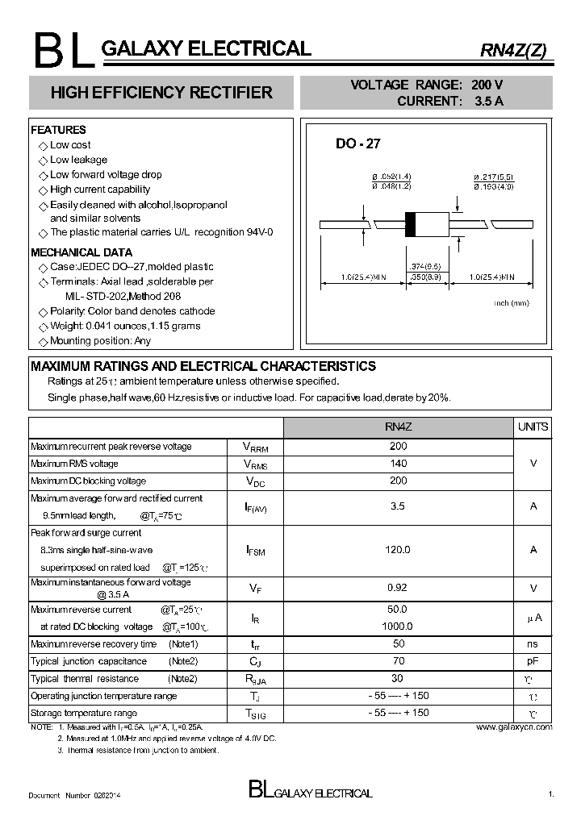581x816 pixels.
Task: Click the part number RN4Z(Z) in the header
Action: click(x=513, y=50)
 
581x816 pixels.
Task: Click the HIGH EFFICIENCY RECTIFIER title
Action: click(x=161, y=93)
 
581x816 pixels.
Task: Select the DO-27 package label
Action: click(x=357, y=144)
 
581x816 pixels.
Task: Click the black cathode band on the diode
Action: click(x=409, y=224)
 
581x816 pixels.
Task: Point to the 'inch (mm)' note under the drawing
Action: click(x=511, y=302)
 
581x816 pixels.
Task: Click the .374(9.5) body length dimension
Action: click(x=424, y=266)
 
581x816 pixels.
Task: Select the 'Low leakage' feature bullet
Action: click(x=77, y=160)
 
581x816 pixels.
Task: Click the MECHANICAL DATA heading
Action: click(x=81, y=252)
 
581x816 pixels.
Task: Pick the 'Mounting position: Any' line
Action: click(x=100, y=340)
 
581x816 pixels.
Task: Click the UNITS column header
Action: click(x=533, y=427)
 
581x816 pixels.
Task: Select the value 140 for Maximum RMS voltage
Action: click(x=398, y=464)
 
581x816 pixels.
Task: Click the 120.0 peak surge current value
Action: click(x=398, y=549)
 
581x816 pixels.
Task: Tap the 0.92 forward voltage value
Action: click(x=398, y=588)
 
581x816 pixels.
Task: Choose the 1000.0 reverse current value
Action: click(x=398, y=626)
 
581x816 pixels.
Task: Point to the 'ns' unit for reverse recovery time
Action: click(x=533, y=644)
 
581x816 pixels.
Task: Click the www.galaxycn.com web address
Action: click(x=514, y=727)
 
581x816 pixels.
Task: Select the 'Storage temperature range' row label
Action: click(x=84, y=714)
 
